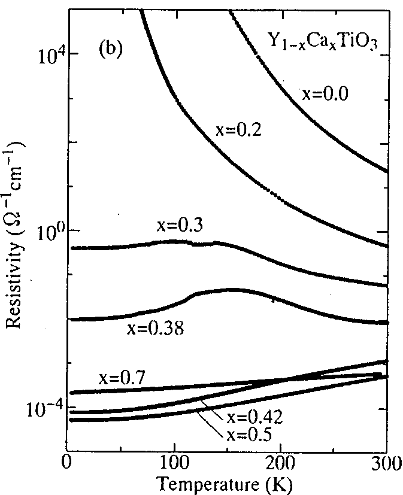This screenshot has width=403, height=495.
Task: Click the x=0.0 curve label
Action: pyautogui.click(x=325, y=94)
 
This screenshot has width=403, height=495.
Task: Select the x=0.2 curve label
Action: pyautogui.click(x=239, y=129)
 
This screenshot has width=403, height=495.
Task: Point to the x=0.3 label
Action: pyautogui.click(x=180, y=226)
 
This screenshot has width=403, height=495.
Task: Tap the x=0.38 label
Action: pyautogui.click(x=155, y=329)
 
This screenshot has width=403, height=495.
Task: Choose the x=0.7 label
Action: pyautogui.click(x=122, y=378)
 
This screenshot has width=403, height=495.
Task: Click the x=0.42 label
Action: pyautogui.click(x=254, y=417)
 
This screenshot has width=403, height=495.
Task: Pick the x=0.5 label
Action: pyautogui.click(x=249, y=435)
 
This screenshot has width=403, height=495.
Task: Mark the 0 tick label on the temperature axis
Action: pyautogui.click(x=67, y=463)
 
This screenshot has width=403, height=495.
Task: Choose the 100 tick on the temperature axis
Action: pyautogui.click(x=174, y=463)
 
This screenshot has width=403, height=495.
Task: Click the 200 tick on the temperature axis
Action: pyautogui.click(x=280, y=463)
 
